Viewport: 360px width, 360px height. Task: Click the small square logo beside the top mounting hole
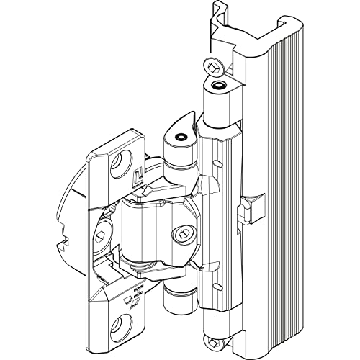[x=139, y=173]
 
